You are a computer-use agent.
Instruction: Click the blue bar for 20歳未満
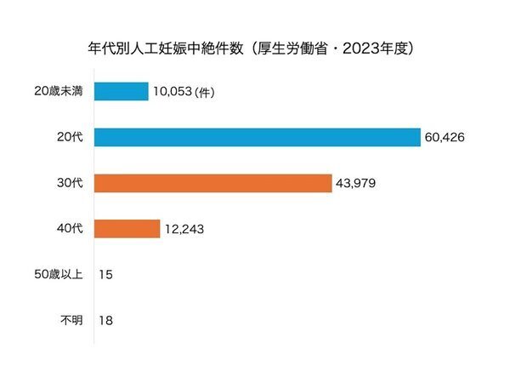121,91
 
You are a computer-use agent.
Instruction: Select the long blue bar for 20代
257,137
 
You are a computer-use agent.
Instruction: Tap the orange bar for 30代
212,183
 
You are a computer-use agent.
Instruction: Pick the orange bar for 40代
127,229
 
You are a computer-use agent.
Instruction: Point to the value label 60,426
447,137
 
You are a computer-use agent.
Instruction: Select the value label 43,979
358,183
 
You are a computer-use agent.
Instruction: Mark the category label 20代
69,137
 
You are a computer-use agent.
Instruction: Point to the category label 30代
69,183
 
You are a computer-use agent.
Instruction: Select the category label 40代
69,229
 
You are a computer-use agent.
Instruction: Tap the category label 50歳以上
57,275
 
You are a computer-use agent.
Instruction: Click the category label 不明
70,321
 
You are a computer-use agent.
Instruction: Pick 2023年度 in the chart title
378,49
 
